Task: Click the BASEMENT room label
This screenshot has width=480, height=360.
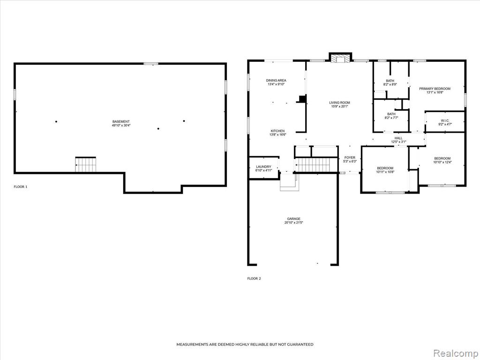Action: coord(121,121)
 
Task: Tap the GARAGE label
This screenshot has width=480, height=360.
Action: coord(293,219)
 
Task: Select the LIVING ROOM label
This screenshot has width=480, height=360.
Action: coord(339,103)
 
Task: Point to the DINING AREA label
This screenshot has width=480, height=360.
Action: coord(276,81)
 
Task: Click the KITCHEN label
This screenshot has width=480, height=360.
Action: coord(277,131)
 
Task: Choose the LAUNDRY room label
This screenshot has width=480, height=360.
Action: coord(263,167)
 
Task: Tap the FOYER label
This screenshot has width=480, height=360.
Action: coord(350,157)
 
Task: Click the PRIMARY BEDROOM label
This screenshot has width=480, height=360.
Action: coord(435,89)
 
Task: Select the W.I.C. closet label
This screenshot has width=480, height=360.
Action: coord(445,120)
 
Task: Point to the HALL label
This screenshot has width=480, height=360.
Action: coord(398,138)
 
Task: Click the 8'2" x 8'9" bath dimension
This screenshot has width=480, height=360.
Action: coord(390,84)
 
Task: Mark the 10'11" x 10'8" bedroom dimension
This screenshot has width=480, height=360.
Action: coord(385,172)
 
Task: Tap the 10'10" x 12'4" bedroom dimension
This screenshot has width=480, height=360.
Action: coord(442,162)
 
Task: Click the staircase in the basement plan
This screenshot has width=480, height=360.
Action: coord(86,165)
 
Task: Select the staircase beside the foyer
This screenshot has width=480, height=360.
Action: coord(316,165)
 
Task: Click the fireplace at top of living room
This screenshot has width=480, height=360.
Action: coord(340,59)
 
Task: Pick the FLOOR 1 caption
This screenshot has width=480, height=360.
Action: coord(21,187)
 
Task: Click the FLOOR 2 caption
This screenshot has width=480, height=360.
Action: coord(254,278)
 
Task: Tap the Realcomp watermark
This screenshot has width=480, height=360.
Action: coord(455,353)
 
